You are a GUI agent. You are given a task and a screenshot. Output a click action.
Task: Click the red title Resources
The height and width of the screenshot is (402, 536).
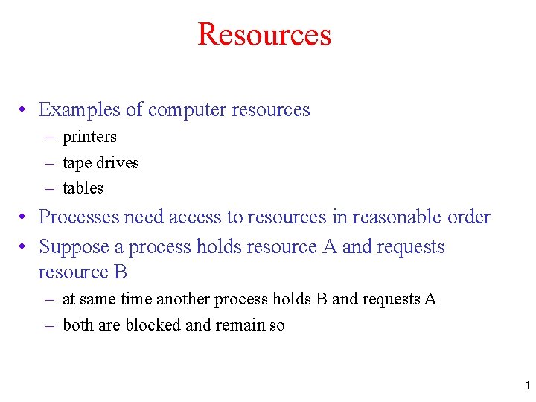[264, 35]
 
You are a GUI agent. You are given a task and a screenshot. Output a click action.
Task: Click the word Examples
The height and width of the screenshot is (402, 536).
[80, 110]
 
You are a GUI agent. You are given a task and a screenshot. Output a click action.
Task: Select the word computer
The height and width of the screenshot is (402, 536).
[187, 110]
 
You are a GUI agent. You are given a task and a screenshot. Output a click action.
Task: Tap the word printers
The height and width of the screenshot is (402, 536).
[89, 137]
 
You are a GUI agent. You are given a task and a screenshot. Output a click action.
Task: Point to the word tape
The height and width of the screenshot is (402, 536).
[77, 163]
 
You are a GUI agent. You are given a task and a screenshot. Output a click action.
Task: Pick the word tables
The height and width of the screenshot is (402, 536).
[83, 188]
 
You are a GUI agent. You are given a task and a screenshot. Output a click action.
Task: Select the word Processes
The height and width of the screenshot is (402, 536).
[79, 217]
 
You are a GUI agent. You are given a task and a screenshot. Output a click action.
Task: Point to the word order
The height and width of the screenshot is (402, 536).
[469, 217]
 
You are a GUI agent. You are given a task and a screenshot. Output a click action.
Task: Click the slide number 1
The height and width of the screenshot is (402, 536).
[527, 386]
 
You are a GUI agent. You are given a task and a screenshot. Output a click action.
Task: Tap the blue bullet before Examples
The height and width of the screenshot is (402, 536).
[25, 110]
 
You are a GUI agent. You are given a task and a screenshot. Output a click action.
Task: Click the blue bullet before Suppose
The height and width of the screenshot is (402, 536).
[25, 246]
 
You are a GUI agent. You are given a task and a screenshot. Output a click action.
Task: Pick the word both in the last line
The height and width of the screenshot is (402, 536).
[77, 325]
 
